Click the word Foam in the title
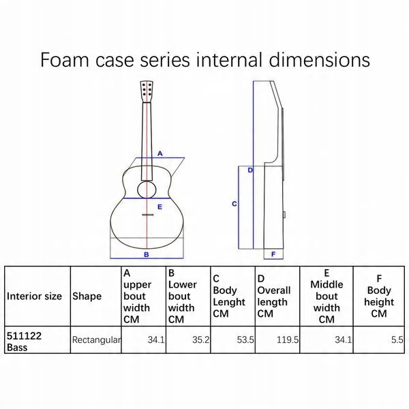[65, 60]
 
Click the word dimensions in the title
[319, 60]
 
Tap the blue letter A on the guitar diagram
[160, 153]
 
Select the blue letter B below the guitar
[147, 254]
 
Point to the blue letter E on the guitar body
[160, 207]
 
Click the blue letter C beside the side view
[234, 204]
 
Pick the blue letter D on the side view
[250, 170]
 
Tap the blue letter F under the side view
[273, 254]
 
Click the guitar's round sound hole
[147, 190]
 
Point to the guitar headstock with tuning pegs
[147, 91]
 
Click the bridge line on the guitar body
[147, 215]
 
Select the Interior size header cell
[34, 296]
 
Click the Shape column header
[87, 296]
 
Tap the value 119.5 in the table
[288, 339]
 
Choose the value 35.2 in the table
[200, 339]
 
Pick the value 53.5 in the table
[245, 339]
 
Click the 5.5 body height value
[397, 339]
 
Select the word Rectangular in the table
[97, 339]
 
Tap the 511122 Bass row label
[24, 342]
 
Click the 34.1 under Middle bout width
[344, 339]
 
